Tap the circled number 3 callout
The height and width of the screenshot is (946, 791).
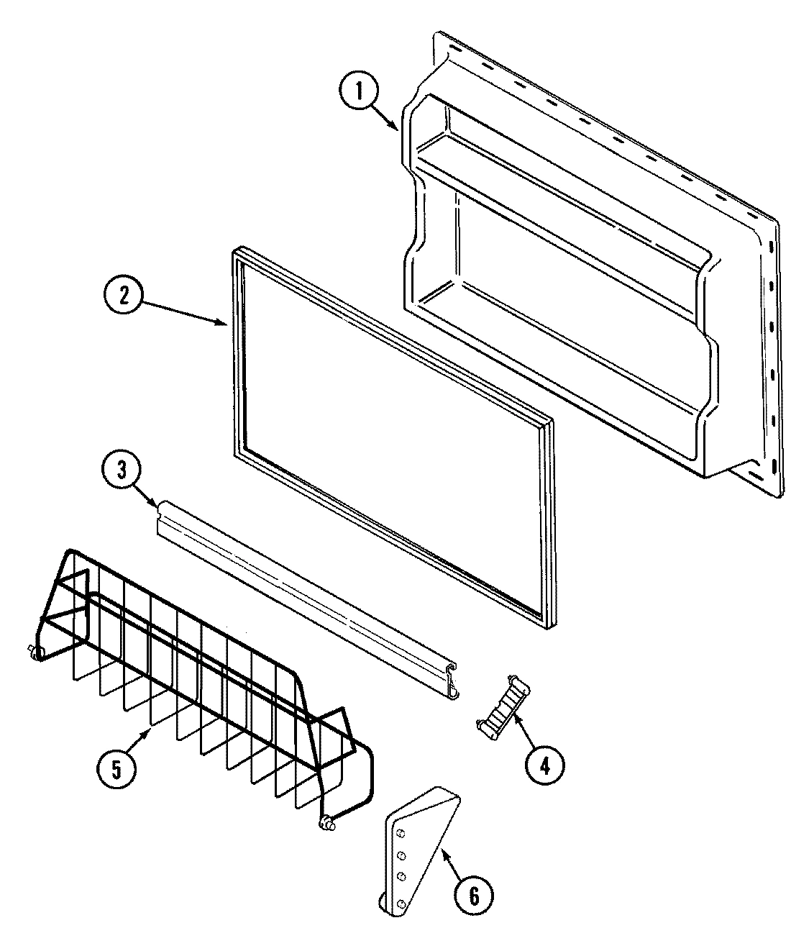(x=122, y=470)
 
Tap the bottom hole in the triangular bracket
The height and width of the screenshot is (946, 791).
(x=400, y=903)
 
